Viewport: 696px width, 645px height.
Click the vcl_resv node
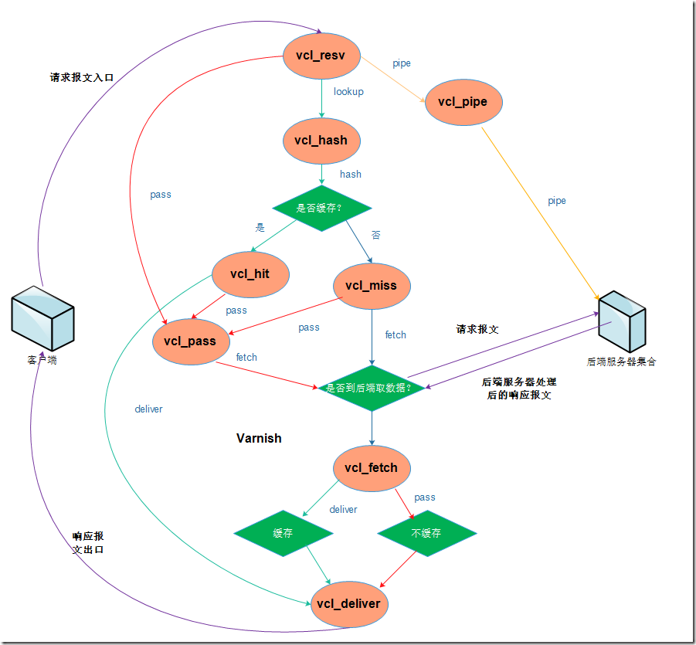tap(321, 56)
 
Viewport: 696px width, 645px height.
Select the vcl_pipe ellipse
tap(463, 101)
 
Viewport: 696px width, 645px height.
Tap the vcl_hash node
tap(321, 141)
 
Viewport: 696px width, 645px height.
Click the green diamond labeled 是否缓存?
tap(322, 208)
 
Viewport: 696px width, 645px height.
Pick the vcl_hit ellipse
tap(250, 274)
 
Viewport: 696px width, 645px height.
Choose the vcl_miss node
tap(371, 286)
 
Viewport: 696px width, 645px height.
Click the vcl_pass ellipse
tap(190, 341)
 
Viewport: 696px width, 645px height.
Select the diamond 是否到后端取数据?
tap(372, 388)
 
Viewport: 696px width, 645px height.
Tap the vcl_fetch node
tap(371, 467)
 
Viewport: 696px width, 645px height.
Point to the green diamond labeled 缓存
tap(283, 533)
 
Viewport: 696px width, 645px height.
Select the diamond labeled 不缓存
tap(426, 533)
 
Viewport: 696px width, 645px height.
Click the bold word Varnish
tap(259, 438)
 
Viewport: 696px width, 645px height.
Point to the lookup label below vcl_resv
tap(348, 91)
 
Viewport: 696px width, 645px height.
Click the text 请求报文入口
tap(82, 77)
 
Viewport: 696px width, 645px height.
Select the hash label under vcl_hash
tap(350, 174)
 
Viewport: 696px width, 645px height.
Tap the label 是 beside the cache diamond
tap(260, 228)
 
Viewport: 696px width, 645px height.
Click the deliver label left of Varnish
tap(148, 409)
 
